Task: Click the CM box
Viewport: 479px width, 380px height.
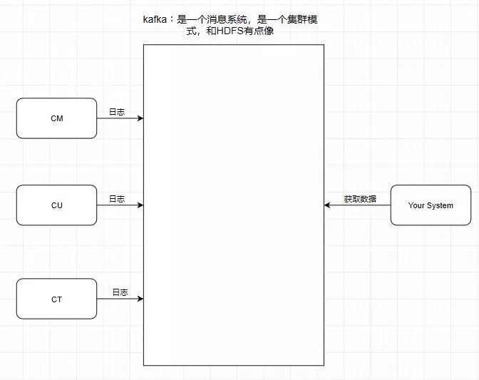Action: point(56,118)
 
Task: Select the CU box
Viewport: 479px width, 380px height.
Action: point(56,205)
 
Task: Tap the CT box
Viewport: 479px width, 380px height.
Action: point(56,299)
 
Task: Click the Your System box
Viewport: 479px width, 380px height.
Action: point(431,205)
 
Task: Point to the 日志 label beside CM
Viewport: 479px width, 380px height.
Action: point(117,112)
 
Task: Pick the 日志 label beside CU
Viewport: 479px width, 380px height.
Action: point(117,199)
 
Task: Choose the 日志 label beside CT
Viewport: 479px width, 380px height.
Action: point(120,292)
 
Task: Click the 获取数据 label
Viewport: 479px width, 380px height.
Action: point(360,199)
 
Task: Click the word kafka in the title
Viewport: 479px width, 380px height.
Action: point(155,21)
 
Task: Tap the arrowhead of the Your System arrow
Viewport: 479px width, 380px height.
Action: point(328,205)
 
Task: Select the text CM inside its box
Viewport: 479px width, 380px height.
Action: point(56,118)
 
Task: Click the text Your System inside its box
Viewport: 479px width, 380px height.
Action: point(431,205)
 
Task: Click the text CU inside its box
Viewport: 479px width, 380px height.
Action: point(56,205)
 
